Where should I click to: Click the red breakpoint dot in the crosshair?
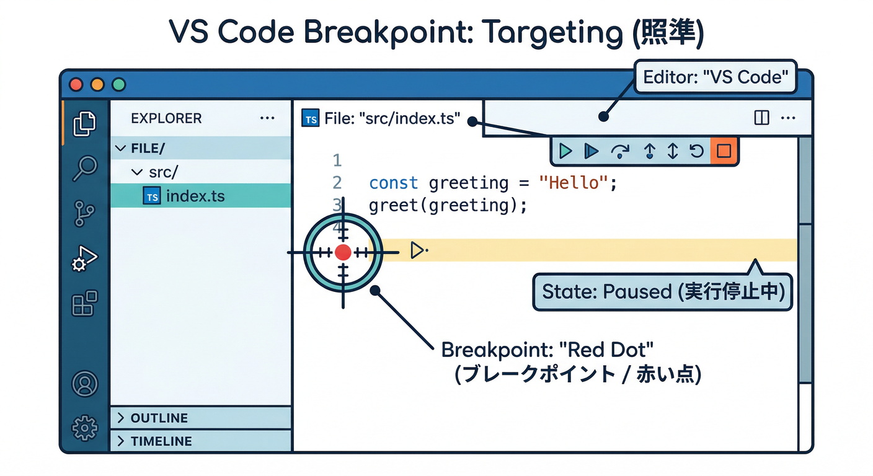pos(343,252)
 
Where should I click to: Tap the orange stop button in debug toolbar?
pos(724,151)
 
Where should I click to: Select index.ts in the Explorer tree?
pos(195,196)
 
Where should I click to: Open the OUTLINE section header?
pos(159,418)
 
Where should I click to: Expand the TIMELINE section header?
pos(161,441)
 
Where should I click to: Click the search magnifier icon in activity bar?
pos(85,167)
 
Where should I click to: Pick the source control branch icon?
pos(84,213)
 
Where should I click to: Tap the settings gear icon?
pos(85,428)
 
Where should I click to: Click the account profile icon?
pos(85,384)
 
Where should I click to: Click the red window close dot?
pos(76,85)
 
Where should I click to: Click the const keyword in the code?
pos(393,183)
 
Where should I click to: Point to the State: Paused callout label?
pos(662,292)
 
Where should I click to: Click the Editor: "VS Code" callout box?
pos(716,77)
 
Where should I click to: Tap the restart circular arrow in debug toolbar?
pos(697,151)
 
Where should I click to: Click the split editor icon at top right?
pos(761,118)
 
